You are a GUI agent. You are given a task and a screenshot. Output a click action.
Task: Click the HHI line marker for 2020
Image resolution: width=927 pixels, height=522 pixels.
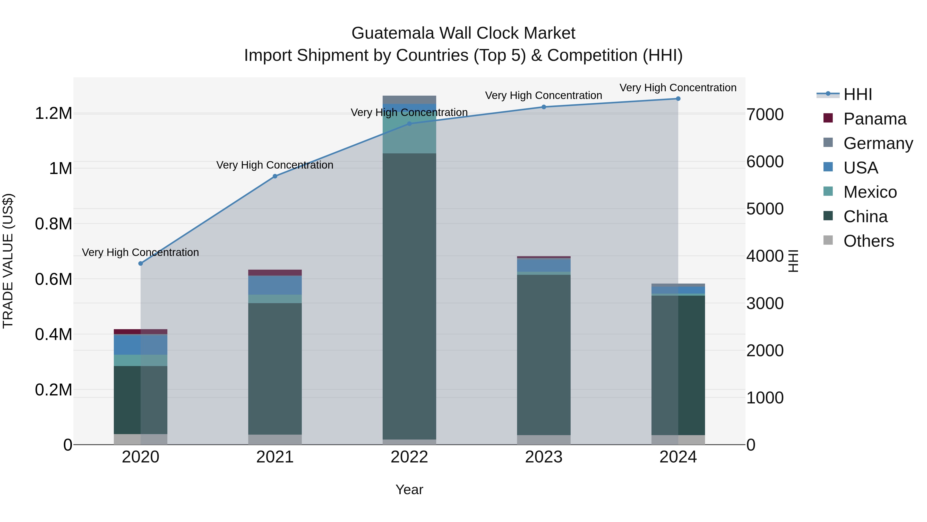(141, 263)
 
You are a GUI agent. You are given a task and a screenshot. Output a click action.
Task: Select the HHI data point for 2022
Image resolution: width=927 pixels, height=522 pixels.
(409, 123)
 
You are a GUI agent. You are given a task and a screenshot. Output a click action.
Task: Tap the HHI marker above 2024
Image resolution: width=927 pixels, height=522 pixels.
(678, 99)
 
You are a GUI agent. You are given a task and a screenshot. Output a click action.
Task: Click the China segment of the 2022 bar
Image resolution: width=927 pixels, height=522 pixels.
(409, 295)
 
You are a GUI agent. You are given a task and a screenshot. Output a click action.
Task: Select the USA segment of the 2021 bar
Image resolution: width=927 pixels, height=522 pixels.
(275, 285)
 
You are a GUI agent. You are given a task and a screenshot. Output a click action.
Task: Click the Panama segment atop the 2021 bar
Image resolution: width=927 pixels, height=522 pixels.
(275, 272)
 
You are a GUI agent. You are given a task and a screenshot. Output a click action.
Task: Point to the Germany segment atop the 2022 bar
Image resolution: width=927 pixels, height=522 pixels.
(409, 100)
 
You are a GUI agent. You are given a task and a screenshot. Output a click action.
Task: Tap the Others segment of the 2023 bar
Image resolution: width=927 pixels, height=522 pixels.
(544, 440)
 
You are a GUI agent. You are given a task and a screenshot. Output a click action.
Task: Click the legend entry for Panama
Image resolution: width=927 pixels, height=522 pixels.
(874, 119)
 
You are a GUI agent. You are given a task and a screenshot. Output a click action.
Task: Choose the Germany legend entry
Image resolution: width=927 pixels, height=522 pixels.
(878, 143)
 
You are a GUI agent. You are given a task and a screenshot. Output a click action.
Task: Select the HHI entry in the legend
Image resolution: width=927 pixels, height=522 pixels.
(857, 94)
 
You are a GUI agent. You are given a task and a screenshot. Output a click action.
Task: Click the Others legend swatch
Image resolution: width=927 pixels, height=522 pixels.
(828, 240)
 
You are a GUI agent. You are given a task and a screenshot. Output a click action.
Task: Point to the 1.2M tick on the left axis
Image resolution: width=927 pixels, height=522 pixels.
(53, 113)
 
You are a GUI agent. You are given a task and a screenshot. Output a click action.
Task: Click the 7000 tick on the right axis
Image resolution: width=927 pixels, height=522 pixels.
(765, 114)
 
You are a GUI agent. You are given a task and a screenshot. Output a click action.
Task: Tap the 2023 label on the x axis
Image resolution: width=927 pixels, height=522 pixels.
(544, 457)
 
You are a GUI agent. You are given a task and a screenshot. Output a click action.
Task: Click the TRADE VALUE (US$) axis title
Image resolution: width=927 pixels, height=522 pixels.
(8, 261)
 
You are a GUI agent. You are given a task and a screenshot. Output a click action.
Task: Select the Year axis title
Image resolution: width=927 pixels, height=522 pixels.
(409, 490)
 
